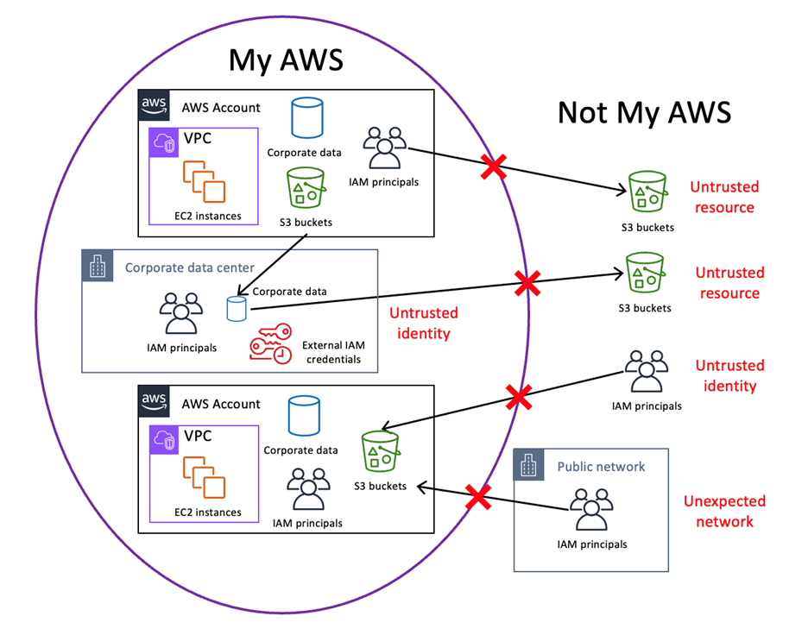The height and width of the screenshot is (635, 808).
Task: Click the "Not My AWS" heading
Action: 644,112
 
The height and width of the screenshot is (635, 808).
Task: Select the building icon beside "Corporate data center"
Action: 98,267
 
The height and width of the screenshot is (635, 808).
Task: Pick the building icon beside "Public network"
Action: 530,466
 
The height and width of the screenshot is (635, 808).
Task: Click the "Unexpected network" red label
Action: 724,511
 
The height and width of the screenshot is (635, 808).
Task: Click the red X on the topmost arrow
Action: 494,168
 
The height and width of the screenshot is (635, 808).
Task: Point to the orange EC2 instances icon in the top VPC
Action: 203,180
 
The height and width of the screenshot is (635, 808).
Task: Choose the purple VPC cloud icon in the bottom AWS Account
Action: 164,437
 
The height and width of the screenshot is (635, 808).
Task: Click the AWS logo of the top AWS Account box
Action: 154,107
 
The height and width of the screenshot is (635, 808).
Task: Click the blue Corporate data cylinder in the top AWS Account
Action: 304,118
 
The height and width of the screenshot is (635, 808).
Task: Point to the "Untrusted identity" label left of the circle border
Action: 423,323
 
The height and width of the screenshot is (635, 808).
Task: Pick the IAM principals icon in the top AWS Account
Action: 384,149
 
